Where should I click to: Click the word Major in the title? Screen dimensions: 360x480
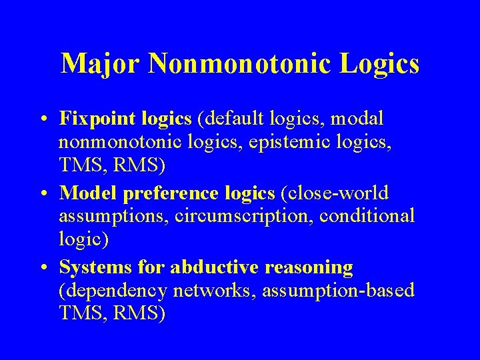pos(101,64)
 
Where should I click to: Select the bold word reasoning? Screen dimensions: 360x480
pos(309,268)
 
